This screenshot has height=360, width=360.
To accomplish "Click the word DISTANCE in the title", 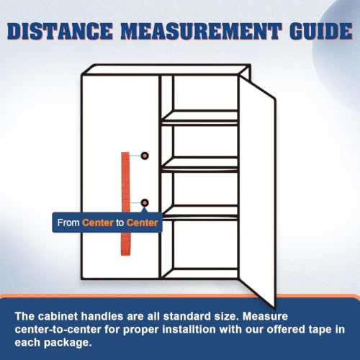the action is [x=60, y=31].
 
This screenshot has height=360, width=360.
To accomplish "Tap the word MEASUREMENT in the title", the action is [x=202, y=31].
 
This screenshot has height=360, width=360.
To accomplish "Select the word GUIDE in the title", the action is [x=321, y=31].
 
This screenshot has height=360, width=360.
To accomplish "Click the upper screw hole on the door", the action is [x=145, y=156].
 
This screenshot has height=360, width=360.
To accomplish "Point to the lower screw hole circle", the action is [x=145, y=203].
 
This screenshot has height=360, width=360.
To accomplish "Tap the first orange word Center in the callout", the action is [x=98, y=222].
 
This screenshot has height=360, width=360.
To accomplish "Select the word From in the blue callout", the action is [x=68, y=222].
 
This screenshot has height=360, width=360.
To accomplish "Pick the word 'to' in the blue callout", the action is [x=120, y=223].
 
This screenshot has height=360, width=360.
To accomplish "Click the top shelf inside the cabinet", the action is [x=199, y=117].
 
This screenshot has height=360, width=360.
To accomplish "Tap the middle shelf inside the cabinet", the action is [x=199, y=164].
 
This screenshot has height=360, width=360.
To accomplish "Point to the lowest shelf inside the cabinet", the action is [x=199, y=212].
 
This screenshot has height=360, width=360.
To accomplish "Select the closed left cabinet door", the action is [x=120, y=177].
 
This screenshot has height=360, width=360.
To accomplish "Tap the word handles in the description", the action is [x=102, y=316].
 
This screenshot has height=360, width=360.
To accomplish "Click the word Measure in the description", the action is [x=265, y=316].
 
